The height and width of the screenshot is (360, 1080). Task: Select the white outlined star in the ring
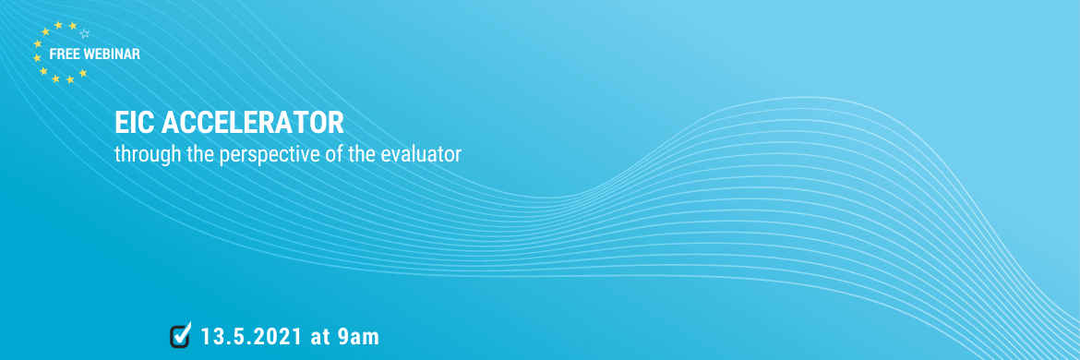pyautogui.click(x=85, y=33)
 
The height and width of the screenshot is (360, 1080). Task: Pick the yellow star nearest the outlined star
pyautogui.click(x=72, y=26)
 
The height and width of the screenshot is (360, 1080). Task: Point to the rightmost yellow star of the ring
pyautogui.click(x=83, y=72)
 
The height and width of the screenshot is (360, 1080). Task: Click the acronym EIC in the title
pyautogui.click(x=135, y=124)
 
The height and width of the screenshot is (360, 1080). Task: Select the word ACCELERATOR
pyautogui.click(x=252, y=124)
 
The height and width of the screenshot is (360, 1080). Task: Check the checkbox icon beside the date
pyautogui.click(x=180, y=334)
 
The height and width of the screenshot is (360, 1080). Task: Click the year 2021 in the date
pyautogui.click(x=277, y=337)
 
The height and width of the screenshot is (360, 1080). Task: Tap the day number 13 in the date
pyautogui.click(x=212, y=337)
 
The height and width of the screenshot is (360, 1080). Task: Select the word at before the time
pyautogui.click(x=320, y=337)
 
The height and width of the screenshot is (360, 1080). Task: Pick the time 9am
pyautogui.click(x=359, y=337)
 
